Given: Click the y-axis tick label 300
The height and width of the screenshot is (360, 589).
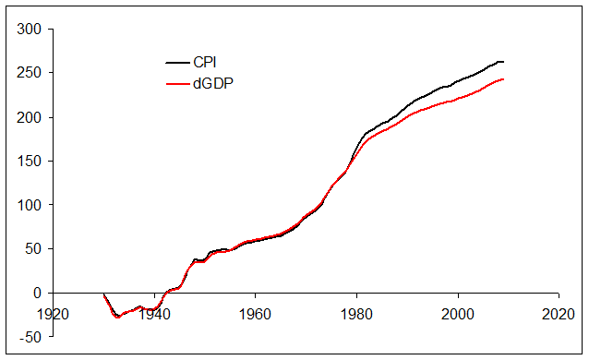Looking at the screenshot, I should point(30,30).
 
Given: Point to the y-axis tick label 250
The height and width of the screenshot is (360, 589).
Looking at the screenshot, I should point(30,73).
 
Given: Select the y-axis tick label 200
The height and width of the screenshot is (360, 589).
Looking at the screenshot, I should point(30,117).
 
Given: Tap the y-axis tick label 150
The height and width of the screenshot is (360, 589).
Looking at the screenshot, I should point(30,161).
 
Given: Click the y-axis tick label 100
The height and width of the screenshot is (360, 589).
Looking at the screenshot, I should point(30,205).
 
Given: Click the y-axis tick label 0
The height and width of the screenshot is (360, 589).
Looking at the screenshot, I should point(38,293).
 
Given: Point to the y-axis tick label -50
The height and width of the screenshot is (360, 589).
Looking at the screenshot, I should point(31,336).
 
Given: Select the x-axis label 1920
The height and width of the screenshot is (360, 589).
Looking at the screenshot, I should point(53,313).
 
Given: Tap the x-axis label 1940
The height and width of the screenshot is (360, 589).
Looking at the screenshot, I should point(153,313).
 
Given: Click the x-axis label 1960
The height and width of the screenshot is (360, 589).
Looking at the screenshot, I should point(255,313).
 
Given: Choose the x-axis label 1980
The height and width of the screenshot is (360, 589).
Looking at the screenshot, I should point(356,313).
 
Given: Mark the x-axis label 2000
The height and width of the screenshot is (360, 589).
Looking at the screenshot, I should point(458,313).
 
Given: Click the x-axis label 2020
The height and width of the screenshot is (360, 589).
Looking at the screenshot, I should point(559,313).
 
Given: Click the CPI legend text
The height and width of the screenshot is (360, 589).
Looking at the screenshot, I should point(205,63).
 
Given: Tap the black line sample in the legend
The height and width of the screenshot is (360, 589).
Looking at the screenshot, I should point(176,63).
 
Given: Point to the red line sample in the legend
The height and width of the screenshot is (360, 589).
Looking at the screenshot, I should point(176,84).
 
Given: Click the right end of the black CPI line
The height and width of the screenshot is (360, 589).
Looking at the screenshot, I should point(503,62).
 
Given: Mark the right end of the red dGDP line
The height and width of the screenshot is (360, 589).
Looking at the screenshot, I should point(503,79).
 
